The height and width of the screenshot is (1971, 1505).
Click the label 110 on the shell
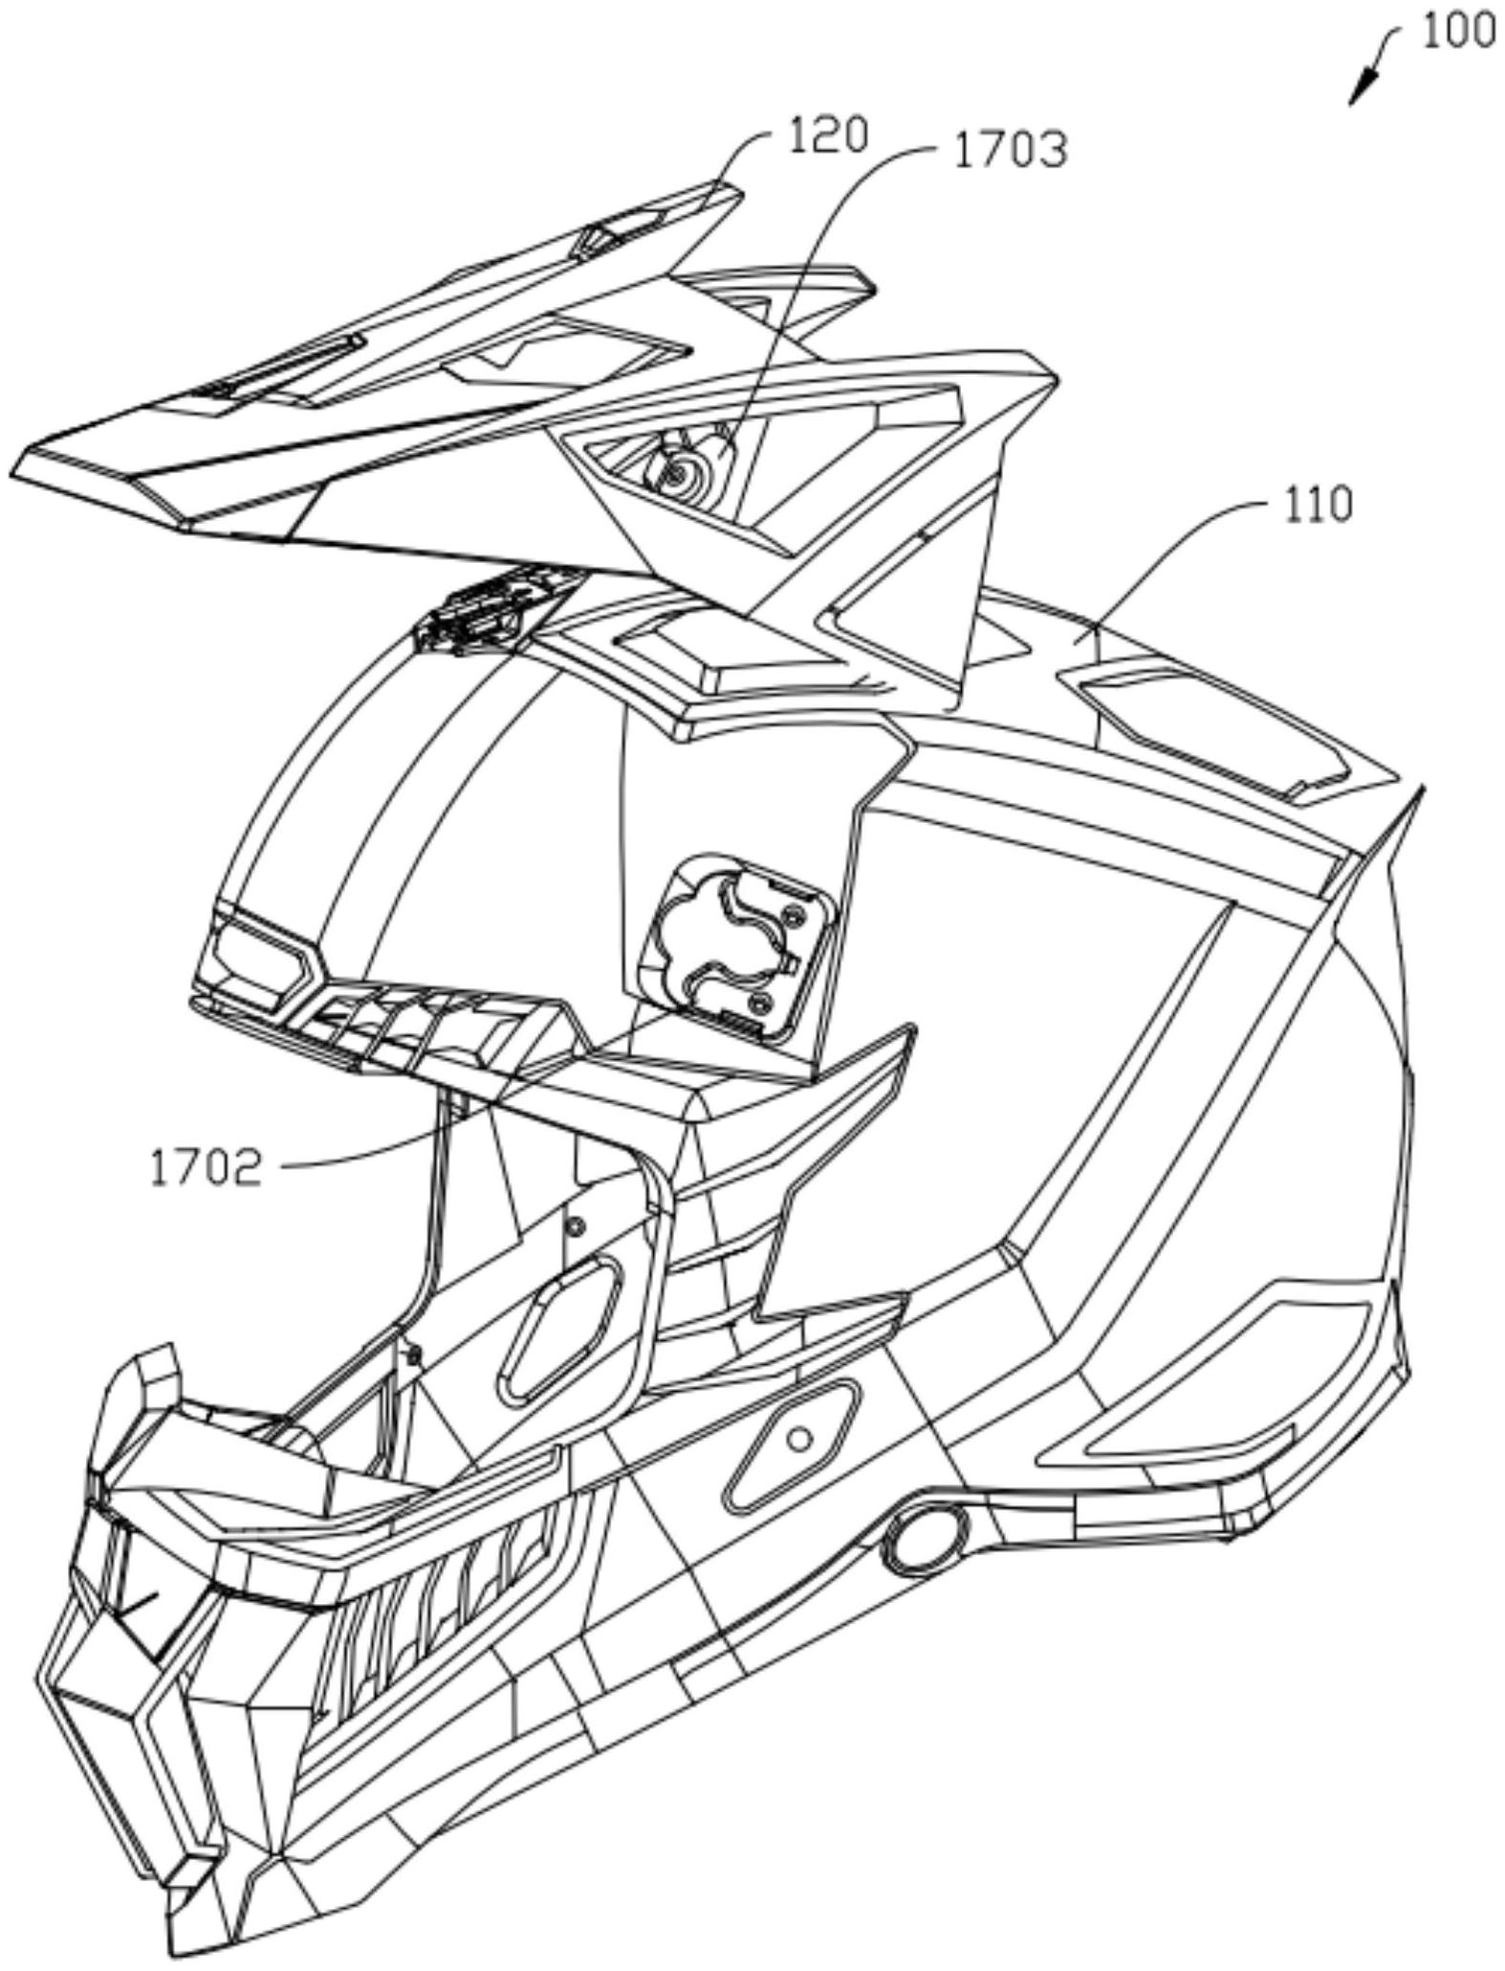(1317, 505)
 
